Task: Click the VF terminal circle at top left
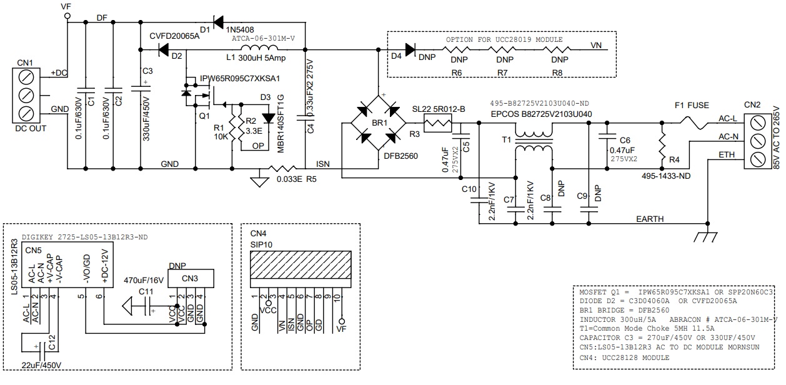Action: (67, 16)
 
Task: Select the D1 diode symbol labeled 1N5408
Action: (218, 22)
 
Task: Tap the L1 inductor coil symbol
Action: (259, 48)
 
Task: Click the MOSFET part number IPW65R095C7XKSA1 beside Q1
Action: (240, 79)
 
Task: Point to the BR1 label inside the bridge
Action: (379, 123)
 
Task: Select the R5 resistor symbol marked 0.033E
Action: (282, 169)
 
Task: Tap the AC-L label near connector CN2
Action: (728, 119)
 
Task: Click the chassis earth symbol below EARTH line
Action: (705, 237)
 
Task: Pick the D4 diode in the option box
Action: (410, 49)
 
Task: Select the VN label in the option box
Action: (596, 45)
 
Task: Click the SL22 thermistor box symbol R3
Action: (437, 123)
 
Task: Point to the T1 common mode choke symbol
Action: (534, 141)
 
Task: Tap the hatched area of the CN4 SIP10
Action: (301, 264)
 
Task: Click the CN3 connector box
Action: (191, 279)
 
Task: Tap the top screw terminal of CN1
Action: (26, 77)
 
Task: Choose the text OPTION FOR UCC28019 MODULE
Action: (504, 39)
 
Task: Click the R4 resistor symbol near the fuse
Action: (662, 146)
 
